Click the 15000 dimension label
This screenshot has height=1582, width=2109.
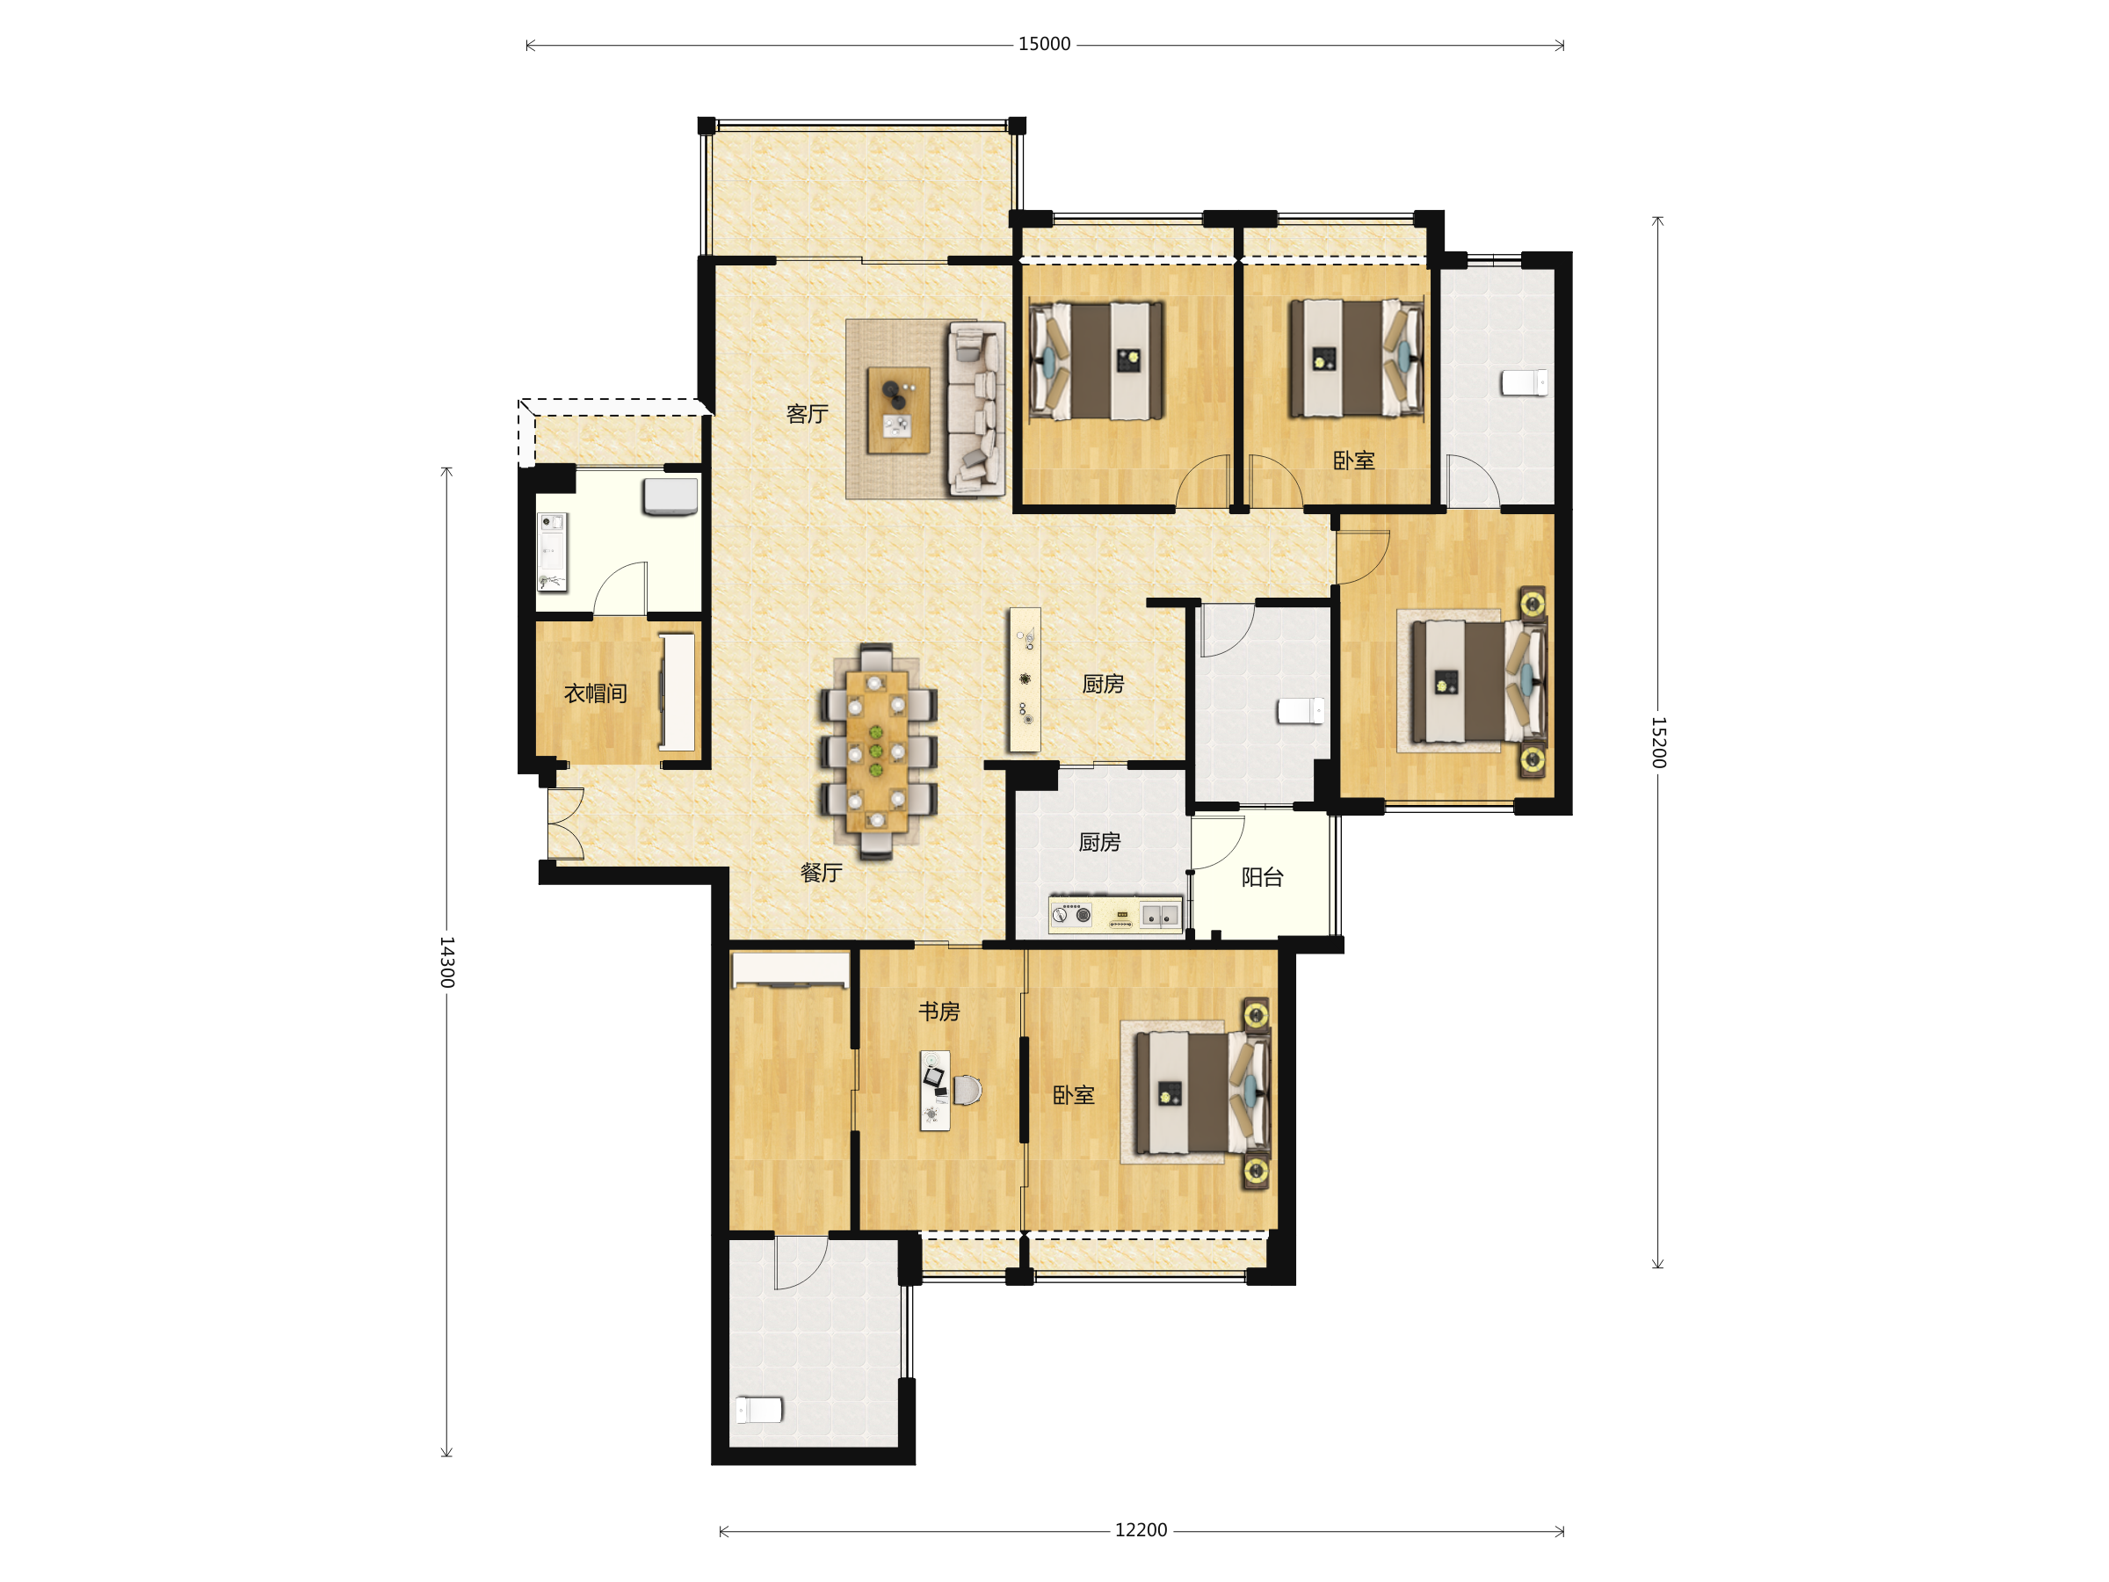tap(1044, 44)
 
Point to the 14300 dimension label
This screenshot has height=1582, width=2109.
tap(447, 962)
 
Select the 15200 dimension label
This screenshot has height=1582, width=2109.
tap(1658, 742)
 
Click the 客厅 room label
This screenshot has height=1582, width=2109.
tap(807, 414)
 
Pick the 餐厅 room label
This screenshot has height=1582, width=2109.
tap(821, 873)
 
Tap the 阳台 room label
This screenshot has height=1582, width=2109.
tap(1263, 877)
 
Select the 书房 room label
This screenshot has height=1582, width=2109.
tap(939, 1011)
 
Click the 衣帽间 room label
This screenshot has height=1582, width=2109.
tap(596, 693)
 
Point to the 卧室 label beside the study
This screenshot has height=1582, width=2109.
tap(1074, 1095)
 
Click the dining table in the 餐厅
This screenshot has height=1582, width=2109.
tap(876, 751)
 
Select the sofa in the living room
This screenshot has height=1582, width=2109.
tap(976, 408)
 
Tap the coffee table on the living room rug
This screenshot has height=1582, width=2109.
tap(898, 410)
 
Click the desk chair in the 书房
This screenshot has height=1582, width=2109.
tap(967, 1090)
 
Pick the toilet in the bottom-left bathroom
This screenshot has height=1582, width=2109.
tap(759, 1410)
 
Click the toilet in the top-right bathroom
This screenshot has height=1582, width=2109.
tap(1525, 382)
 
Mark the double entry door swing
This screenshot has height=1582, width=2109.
tap(565, 824)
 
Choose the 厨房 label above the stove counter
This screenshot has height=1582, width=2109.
tap(1099, 842)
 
